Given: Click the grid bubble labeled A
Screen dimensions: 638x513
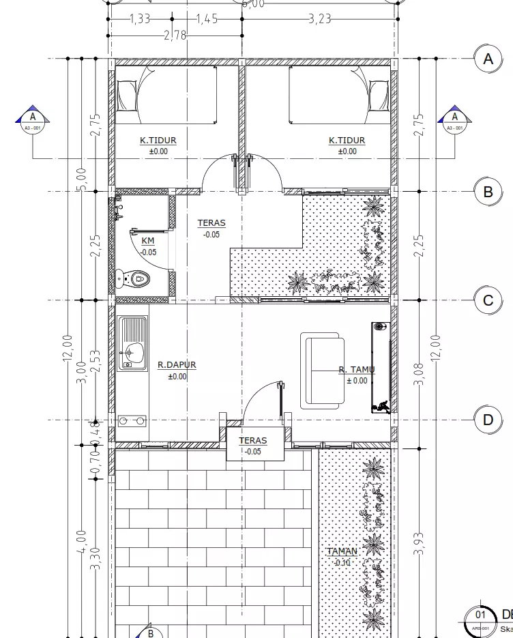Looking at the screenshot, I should pyautogui.click(x=488, y=59).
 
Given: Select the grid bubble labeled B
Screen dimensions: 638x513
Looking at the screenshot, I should pyautogui.click(x=488, y=192).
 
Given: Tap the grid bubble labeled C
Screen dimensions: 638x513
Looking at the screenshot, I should pyautogui.click(x=488, y=300).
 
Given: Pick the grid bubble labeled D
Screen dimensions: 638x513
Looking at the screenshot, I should pyautogui.click(x=488, y=420).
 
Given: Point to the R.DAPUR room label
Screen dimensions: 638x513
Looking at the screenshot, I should pyautogui.click(x=177, y=365).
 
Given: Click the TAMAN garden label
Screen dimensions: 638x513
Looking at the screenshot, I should pyautogui.click(x=342, y=551).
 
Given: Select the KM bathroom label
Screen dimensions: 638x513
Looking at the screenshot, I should pyautogui.click(x=148, y=241).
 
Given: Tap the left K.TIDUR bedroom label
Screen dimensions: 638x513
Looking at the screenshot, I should pyautogui.click(x=158, y=141).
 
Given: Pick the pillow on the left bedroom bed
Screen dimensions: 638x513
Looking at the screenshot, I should pyautogui.click(x=127, y=96).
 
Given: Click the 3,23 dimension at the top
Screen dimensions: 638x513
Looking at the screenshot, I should pyautogui.click(x=319, y=18).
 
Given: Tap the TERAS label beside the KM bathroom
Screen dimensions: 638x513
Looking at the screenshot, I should pyautogui.click(x=211, y=223).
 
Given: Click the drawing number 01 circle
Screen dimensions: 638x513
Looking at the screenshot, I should pyautogui.click(x=481, y=617).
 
